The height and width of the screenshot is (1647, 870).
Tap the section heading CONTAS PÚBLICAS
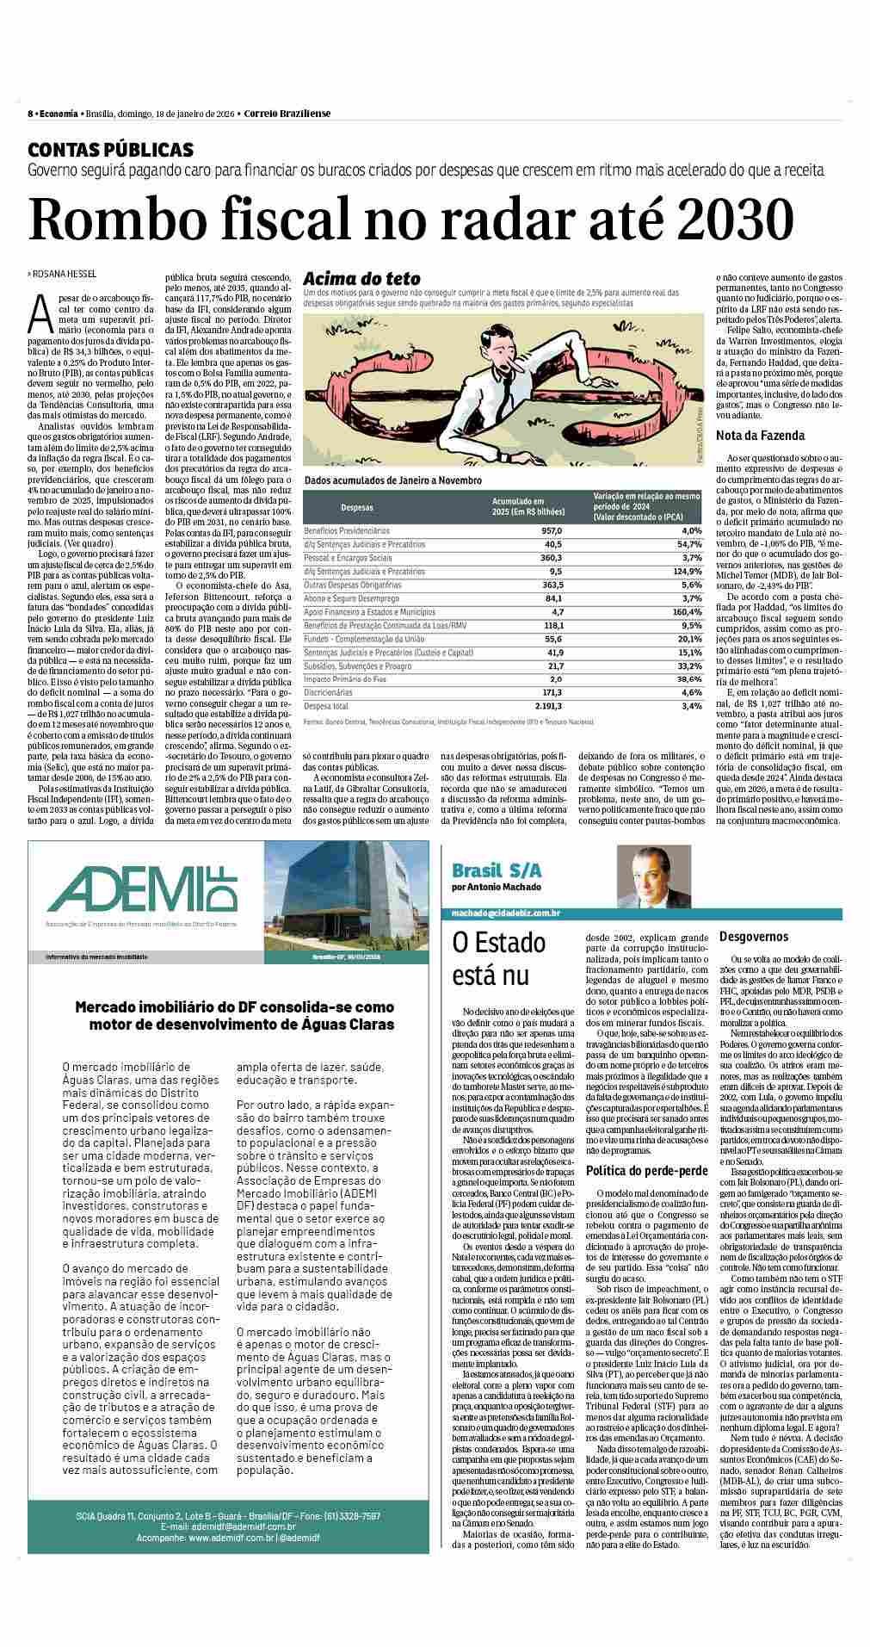110,150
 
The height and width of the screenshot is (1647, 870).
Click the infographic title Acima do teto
362,278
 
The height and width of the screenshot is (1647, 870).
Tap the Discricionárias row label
328,691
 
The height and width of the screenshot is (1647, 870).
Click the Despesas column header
356,507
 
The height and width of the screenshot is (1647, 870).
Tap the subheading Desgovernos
754,936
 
